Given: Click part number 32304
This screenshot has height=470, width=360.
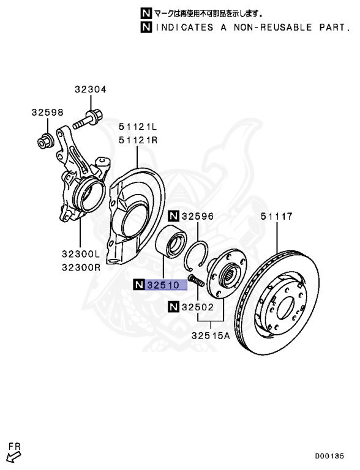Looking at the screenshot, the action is (x=90, y=89).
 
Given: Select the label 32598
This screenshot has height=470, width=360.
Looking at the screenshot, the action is (x=47, y=113).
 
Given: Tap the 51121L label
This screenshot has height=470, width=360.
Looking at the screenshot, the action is (x=138, y=127).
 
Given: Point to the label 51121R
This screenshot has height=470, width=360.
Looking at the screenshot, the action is (x=138, y=140).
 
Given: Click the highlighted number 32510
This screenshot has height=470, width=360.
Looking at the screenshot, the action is (x=167, y=285).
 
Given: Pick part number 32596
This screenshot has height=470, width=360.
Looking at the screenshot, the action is (x=198, y=216).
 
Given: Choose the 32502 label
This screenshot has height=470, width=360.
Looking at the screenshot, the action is (x=198, y=307).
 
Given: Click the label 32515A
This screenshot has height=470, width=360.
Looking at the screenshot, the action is (x=211, y=335).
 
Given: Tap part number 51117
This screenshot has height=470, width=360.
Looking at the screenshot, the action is (x=276, y=216).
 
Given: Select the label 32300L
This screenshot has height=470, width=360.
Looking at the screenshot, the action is (x=80, y=254).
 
